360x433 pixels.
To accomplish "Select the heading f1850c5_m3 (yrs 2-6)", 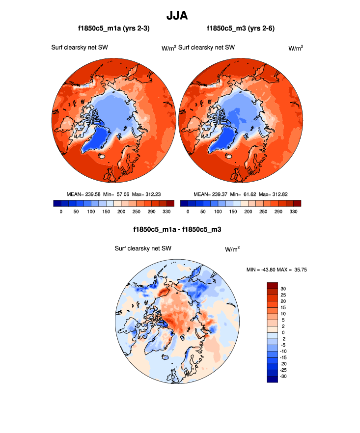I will point(241,29).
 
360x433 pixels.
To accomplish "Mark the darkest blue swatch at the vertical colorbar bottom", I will point(272,379).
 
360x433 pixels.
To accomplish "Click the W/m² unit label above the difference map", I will point(232,249).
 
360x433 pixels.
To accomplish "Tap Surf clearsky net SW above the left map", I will point(80,48).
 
